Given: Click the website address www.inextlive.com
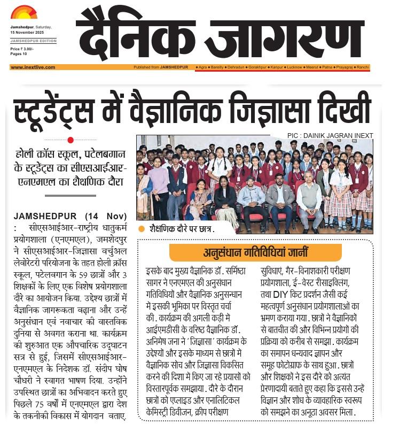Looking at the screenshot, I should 33,67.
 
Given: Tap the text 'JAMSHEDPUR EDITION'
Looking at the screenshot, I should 33,41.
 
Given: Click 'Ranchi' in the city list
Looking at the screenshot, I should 363,67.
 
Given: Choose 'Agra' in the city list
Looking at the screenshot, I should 202,67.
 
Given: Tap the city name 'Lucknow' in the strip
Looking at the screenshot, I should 294,67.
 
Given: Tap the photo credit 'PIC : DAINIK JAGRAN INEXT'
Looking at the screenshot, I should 330,136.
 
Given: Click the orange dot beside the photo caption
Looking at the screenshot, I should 142,229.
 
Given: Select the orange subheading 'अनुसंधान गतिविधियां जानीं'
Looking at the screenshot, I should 255,252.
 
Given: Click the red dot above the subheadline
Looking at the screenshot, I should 71,140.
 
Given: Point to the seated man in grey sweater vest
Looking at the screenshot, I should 309,201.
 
